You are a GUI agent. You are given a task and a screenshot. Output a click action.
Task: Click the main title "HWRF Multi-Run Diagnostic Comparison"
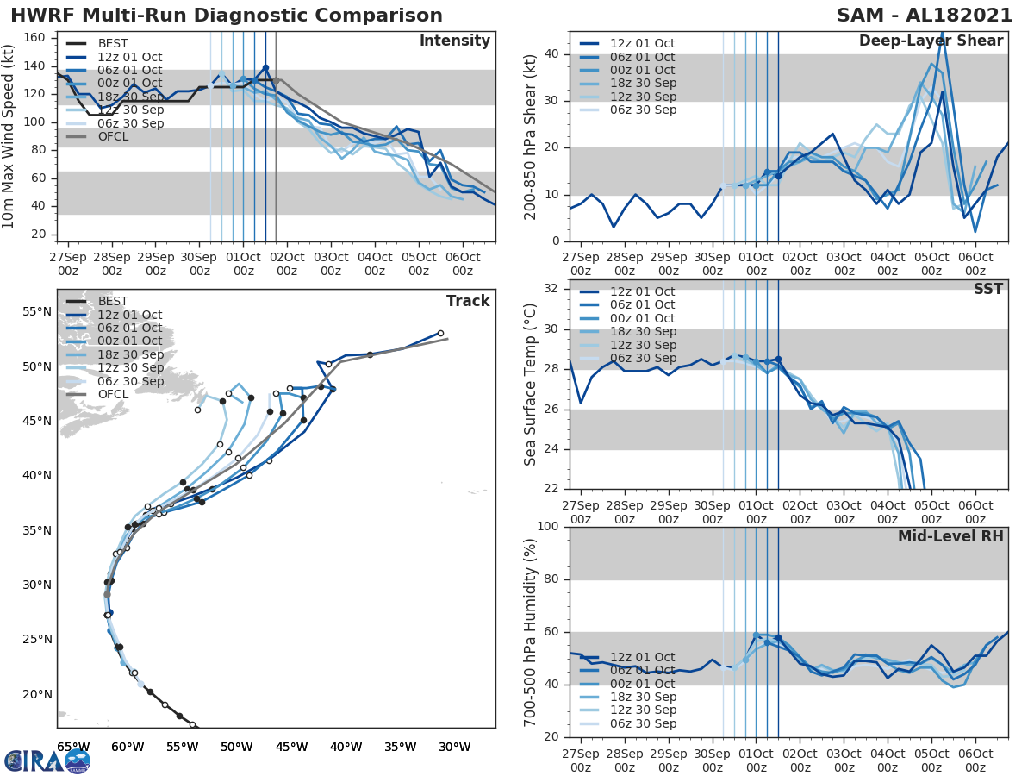click(227, 16)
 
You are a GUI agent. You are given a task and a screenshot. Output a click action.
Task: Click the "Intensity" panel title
click(454, 41)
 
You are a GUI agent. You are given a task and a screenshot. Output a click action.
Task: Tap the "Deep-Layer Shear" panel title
click(931, 41)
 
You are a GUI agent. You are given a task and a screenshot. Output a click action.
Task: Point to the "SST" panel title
click(987, 289)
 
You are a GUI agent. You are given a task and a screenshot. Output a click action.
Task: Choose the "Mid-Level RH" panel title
click(950, 536)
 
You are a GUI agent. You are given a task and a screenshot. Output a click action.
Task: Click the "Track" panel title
click(468, 301)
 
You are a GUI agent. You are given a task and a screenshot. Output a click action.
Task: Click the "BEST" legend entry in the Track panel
click(113, 301)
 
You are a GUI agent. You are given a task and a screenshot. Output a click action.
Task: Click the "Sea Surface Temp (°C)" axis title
click(531, 385)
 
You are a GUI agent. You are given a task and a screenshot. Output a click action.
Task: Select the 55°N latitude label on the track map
click(37, 311)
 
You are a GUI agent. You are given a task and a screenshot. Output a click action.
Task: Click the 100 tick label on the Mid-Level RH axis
click(548, 527)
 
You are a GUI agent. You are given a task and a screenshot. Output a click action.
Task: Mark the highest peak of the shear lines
click(942, 33)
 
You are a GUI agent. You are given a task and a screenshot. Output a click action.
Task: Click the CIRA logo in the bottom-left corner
click(47, 760)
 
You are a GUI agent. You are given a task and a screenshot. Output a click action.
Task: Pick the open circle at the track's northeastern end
click(440, 333)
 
